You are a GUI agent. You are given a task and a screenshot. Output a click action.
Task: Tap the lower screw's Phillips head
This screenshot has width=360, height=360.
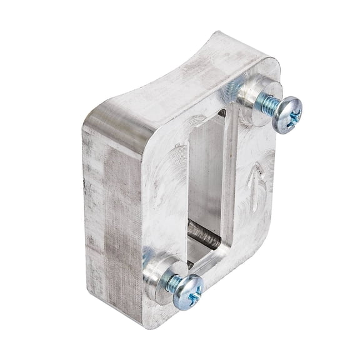coord(187,291)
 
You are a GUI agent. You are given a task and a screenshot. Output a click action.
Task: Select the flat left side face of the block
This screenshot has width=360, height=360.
coord(109,212)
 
